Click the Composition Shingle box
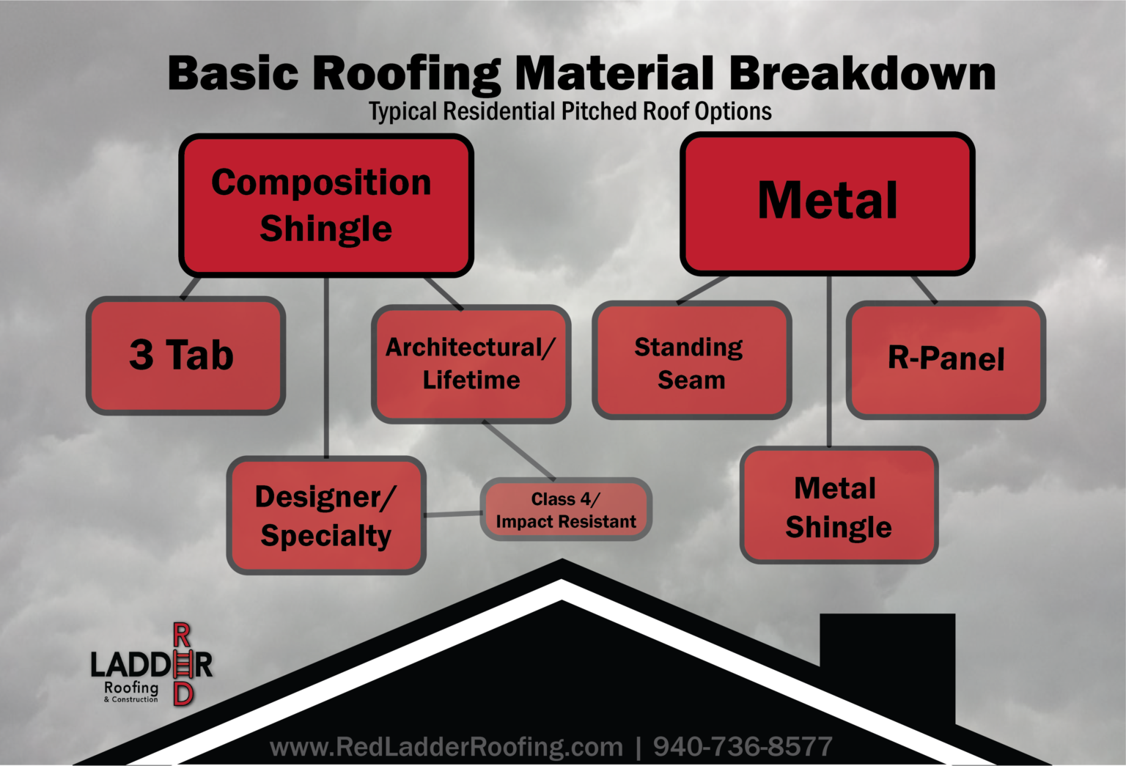click(326, 205)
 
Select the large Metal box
click(827, 203)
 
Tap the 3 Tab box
click(185, 356)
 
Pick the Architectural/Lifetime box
click(471, 364)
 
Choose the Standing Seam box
click(691, 361)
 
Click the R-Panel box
click(946, 359)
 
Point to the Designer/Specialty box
click(326, 515)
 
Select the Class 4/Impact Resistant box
click(566, 510)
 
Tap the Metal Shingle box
click(839, 506)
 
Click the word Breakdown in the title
click(862, 74)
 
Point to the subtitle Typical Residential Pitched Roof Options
click(570, 111)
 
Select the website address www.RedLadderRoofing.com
click(446, 747)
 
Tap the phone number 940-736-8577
click(743, 747)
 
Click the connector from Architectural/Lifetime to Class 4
click(519, 451)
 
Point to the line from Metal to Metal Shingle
click(829, 359)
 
